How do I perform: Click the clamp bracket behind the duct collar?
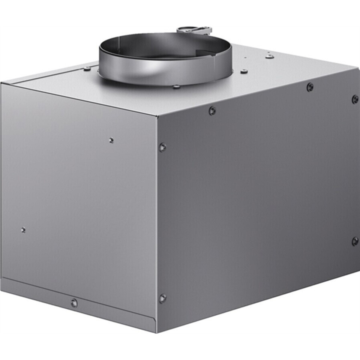pyautogui.click(x=195, y=29)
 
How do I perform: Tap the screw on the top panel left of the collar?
pyautogui.click(x=87, y=69)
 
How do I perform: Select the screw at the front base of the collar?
pyautogui.click(x=176, y=87)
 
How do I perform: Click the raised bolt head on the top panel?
pyautogui.click(x=269, y=56)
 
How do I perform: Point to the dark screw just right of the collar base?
pyautogui.click(x=244, y=71)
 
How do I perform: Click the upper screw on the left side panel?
pyautogui.click(x=111, y=140)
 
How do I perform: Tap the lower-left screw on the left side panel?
pyautogui.click(x=23, y=229)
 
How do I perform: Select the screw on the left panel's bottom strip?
pyautogui.click(x=74, y=303)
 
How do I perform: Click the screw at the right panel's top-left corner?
pyautogui.click(x=162, y=147)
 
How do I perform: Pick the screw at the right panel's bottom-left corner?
pyautogui.click(x=162, y=298)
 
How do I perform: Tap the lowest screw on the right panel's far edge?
pyautogui.click(x=355, y=241)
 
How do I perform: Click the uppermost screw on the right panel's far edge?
pyautogui.click(x=355, y=99)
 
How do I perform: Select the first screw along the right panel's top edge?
pyautogui.click(x=212, y=111)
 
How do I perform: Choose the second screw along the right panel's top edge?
pyautogui.click(x=310, y=87)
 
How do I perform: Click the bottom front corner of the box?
pyautogui.click(x=157, y=332)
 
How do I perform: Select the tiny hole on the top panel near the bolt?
pyautogui.click(x=246, y=58)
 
